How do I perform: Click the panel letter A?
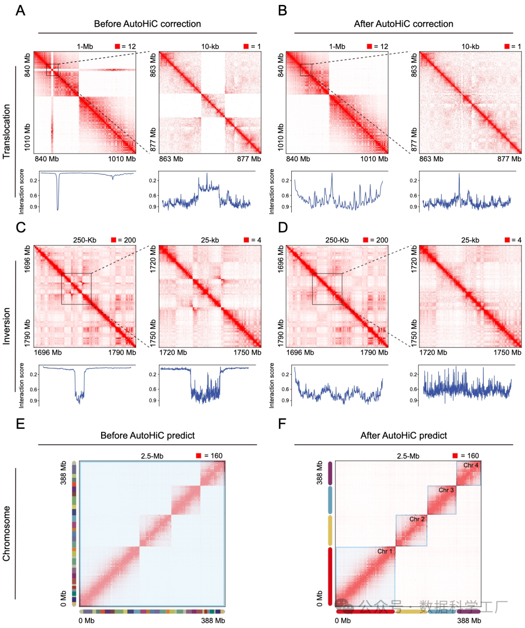pyautogui.click(x=20, y=10)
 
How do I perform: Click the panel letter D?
pyautogui.click(x=282, y=227)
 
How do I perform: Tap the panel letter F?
pyautogui.click(x=282, y=424)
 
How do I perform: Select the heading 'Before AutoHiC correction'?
pyautogui.click(x=147, y=24)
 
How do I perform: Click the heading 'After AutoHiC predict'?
pyautogui.click(x=403, y=436)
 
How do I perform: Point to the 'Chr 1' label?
pyautogui.click(x=385, y=551)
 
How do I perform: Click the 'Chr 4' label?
pyautogui.click(x=471, y=465)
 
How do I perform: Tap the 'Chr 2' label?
pyautogui.click(x=417, y=519)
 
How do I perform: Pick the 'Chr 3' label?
pyautogui.click(x=446, y=490)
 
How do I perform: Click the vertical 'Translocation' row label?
pyautogui.click(x=6, y=131)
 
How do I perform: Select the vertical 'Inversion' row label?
pyautogui.click(x=6, y=326)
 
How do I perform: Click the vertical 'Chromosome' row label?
pyautogui.click(x=6, y=533)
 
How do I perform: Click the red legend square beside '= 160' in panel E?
pyautogui.click(x=198, y=455)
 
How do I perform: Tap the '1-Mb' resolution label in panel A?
pyautogui.click(x=85, y=47)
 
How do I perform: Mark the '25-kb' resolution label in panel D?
pyautogui.click(x=470, y=240)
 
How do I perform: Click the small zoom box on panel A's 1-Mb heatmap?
pyautogui.click(x=52, y=70)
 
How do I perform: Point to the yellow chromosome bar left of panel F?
pyautogui.click(x=330, y=530)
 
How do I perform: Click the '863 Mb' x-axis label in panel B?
pyautogui.click(x=431, y=159)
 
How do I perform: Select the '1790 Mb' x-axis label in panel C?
pyautogui.click(x=122, y=352)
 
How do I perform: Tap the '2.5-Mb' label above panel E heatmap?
pyautogui.click(x=152, y=456)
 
